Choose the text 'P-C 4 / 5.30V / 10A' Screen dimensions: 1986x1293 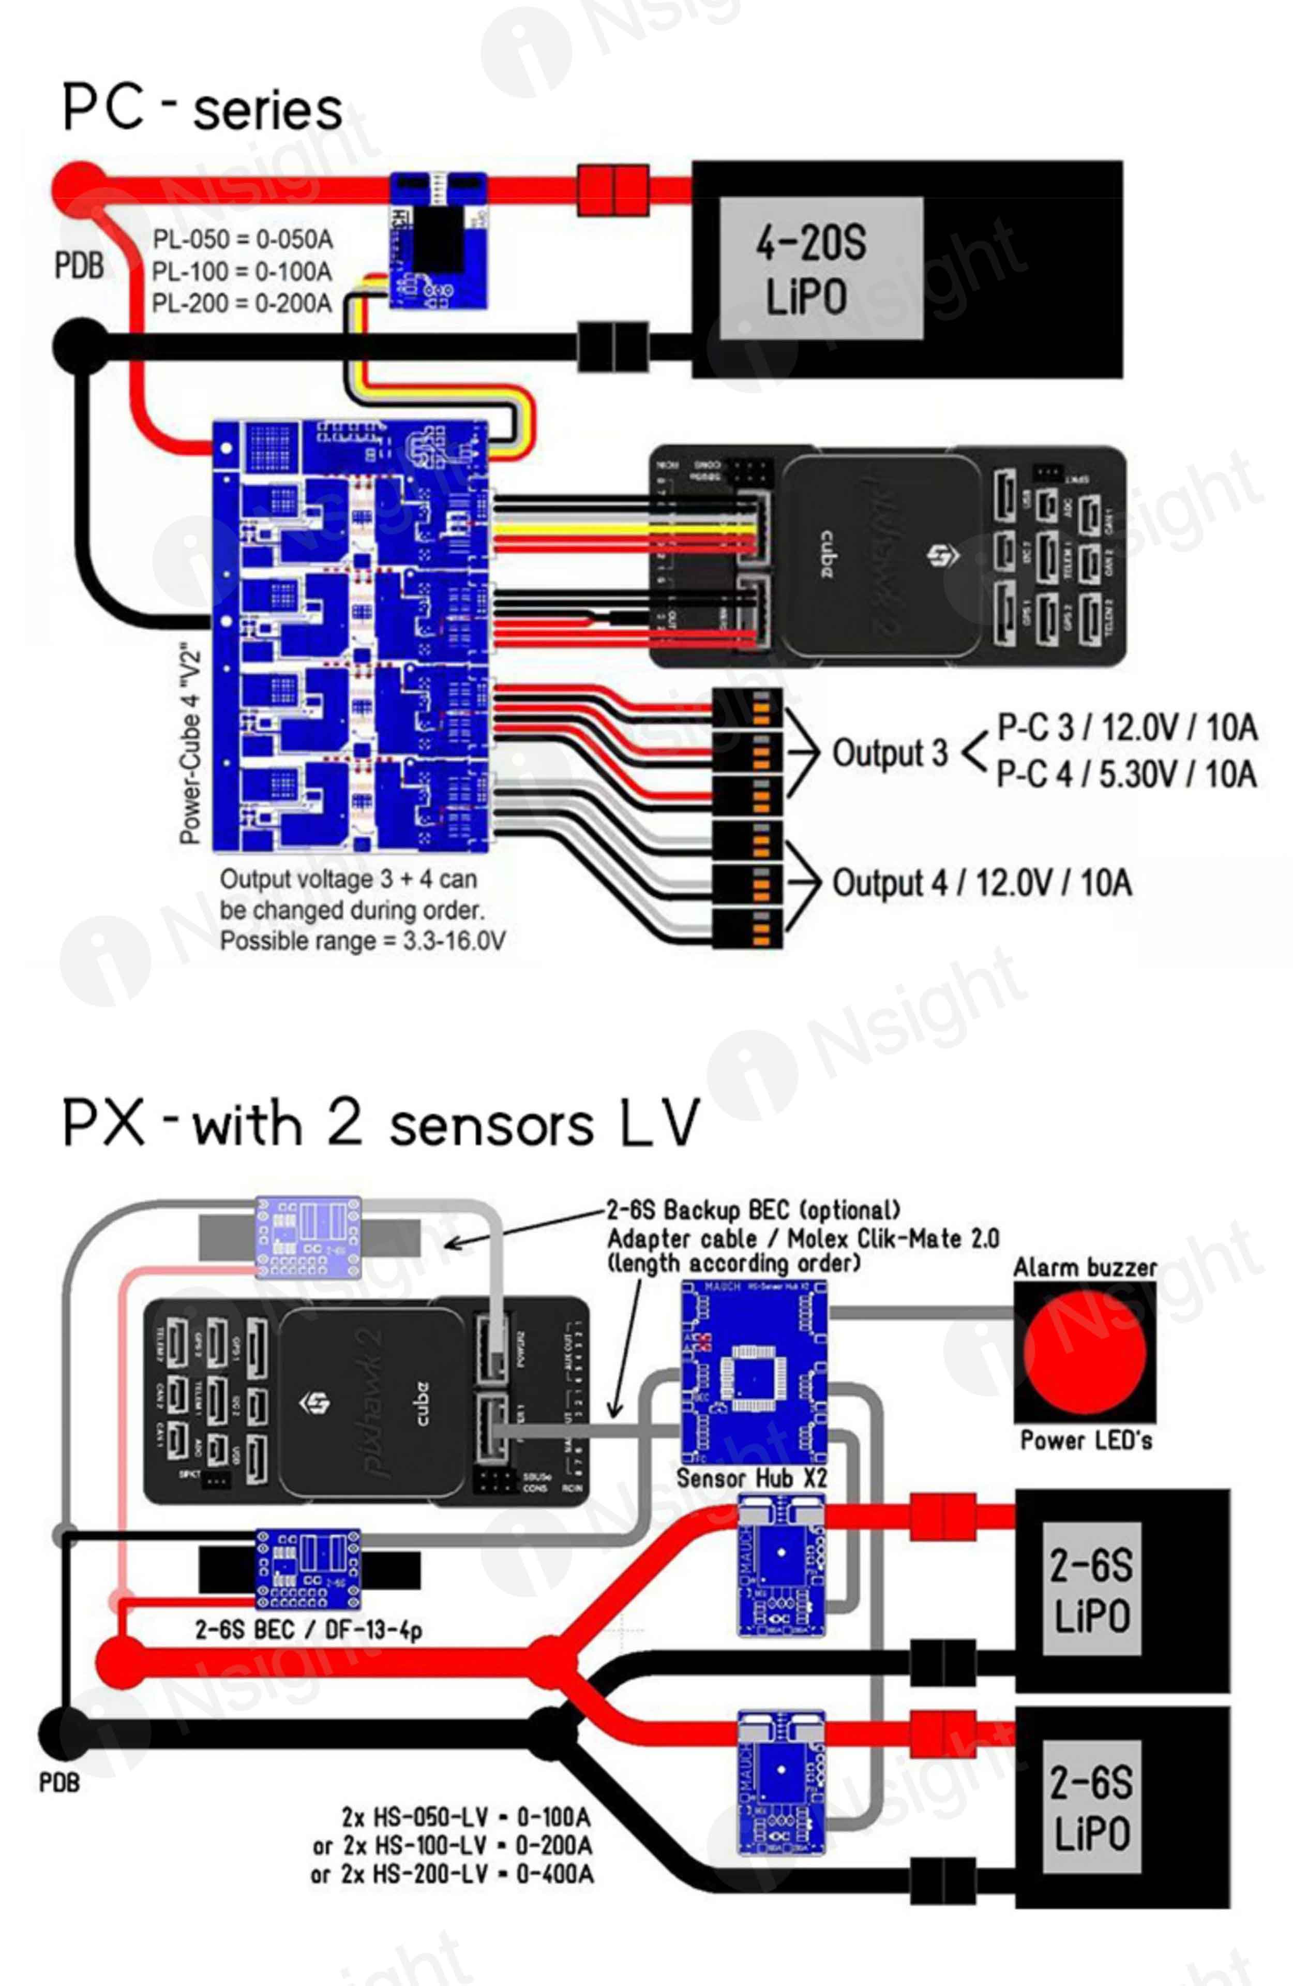[1126, 774]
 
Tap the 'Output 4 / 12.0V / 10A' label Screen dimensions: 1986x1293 [981, 883]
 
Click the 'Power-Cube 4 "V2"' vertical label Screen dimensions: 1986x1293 [191, 743]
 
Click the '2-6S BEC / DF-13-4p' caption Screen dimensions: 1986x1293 [308, 1629]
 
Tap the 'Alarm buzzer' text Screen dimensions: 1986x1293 [1085, 1268]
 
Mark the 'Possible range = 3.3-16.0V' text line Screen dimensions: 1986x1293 [362, 941]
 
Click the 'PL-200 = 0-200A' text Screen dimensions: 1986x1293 [242, 303]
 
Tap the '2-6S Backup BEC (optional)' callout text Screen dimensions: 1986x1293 [753, 1210]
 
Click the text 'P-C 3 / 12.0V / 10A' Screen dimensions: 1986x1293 [1126, 728]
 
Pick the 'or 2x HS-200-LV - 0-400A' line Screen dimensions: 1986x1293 [452, 1874]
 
